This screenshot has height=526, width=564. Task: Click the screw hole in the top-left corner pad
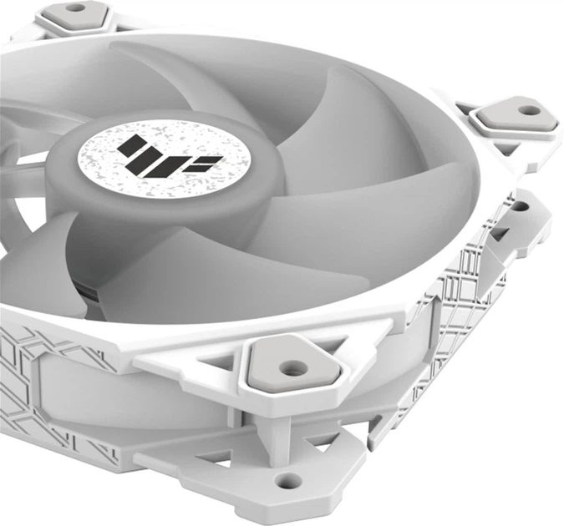[75, 8]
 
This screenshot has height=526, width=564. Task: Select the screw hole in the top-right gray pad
[526, 109]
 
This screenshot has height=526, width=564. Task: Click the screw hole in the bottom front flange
[288, 479]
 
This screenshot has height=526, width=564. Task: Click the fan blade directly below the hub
[192, 259]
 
